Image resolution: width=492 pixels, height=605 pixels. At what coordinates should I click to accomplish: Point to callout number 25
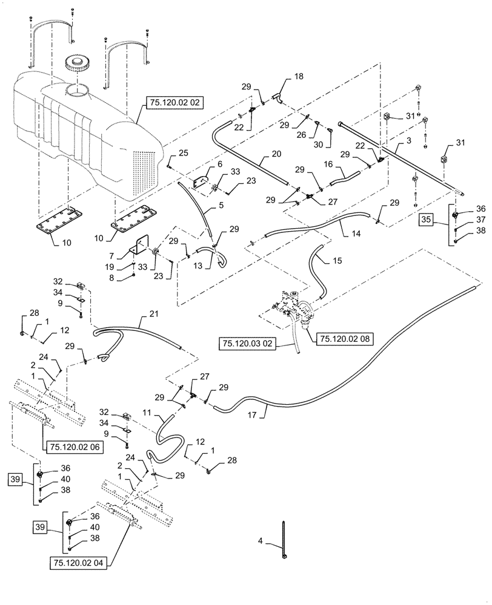(183, 152)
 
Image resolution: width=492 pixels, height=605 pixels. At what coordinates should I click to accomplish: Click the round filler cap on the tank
(77, 62)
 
